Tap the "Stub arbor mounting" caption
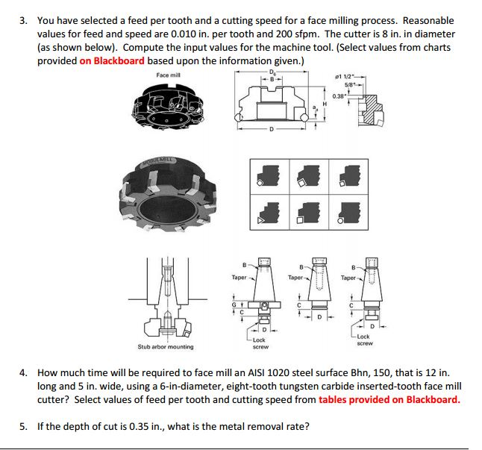tap(165, 346)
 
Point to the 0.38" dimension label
tap(339, 96)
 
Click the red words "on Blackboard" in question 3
tap(112, 60)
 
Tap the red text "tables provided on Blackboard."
tap(389, 399)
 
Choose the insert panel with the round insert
tap(343, 213)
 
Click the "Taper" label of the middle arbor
tap(296, 277)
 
